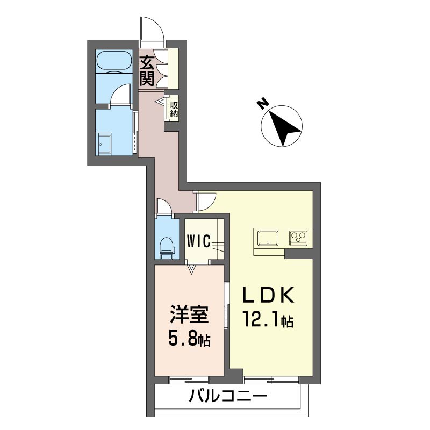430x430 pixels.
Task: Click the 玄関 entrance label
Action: [147, 71]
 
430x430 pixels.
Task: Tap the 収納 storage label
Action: [174, 109]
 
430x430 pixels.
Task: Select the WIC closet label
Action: [199, 241]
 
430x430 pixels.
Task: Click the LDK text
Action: [268, 295]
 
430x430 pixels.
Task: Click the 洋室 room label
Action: [190, 314]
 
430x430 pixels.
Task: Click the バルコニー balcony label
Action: [228, 396]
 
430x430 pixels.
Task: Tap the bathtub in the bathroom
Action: [114, 61]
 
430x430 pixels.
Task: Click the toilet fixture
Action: [167, 248]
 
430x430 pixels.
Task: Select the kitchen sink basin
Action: [268, 238]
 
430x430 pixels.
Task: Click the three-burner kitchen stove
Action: [298, 238]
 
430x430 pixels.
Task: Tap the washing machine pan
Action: [104, 145]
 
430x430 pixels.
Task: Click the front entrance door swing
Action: [152, 29]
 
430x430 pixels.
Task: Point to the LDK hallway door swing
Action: [206, 202]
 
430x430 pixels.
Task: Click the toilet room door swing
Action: [164, 206]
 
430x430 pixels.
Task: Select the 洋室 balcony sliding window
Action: [189, 380]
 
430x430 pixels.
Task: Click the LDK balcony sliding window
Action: [271, 380]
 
